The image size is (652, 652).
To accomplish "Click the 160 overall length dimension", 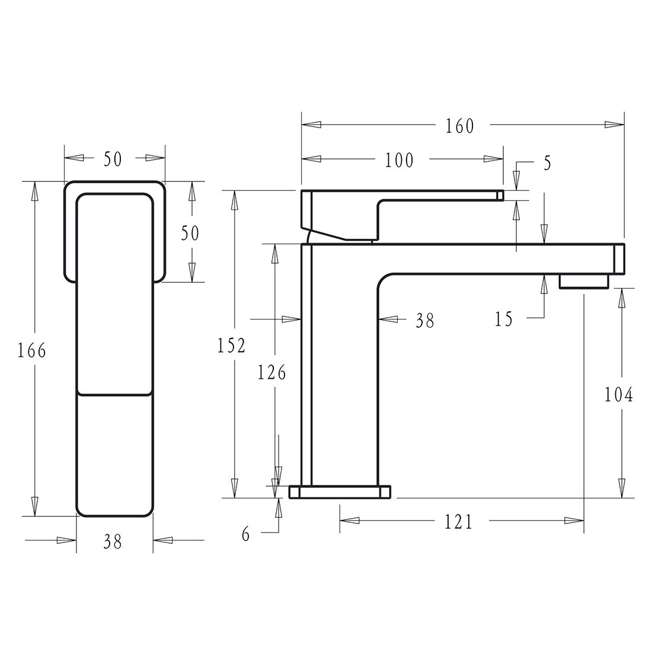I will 461,126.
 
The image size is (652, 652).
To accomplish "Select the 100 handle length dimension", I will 399,159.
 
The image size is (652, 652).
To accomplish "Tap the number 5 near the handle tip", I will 546,162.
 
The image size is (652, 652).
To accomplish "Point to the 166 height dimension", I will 31,350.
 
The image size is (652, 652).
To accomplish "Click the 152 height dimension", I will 231,345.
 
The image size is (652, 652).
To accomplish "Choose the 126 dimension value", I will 271,372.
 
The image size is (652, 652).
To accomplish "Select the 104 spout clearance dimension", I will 619,394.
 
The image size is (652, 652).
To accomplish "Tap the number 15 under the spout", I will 503,319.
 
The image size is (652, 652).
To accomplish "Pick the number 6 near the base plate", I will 246,534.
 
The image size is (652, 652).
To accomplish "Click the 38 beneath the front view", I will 112,541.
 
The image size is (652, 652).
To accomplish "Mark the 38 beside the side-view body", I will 424,321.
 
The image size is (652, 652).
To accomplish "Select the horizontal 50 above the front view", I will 113,159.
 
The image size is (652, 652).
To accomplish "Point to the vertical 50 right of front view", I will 190,233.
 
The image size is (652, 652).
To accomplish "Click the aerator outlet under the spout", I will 584,281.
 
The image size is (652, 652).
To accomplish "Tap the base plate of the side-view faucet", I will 340,491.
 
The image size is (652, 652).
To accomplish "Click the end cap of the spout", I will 619,259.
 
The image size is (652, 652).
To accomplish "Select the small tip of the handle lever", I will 500,195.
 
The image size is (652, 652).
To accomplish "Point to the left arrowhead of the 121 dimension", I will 350,521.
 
